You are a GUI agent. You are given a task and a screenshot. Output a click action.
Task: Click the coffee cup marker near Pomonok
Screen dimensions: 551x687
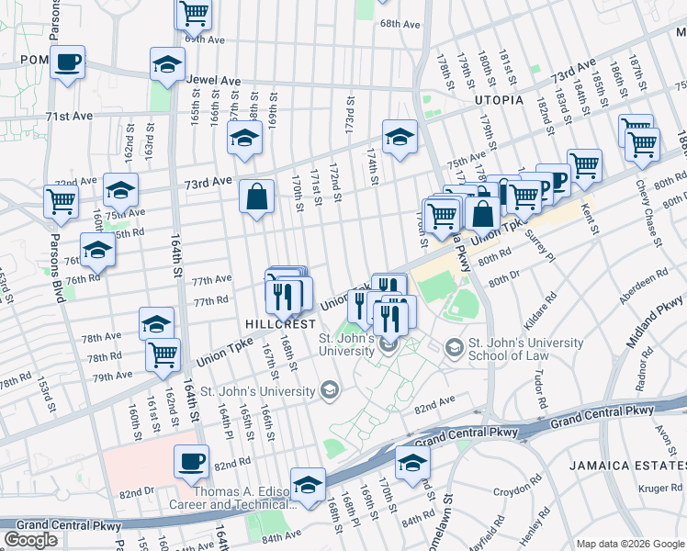click(67, 62)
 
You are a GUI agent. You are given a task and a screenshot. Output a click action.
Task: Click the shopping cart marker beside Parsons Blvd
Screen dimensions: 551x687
click(61, 200)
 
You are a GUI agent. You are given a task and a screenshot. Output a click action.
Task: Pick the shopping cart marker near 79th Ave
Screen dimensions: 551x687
click(163, 354)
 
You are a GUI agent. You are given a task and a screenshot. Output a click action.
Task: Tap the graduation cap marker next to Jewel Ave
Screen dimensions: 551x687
click(166, 64)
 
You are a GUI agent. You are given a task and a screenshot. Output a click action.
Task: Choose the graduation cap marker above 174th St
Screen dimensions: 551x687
click(400, 138)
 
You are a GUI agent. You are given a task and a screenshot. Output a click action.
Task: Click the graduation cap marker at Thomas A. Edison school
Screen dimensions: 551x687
click(308, 484)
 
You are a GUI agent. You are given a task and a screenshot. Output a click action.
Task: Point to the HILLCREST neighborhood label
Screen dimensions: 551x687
click(281, 324)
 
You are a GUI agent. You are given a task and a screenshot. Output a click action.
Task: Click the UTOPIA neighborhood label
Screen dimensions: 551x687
click(499, 99)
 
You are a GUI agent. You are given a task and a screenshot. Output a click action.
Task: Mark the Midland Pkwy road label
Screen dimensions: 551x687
click(659, 309)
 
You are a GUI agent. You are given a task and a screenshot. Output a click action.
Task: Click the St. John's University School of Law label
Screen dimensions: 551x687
click(525, 350)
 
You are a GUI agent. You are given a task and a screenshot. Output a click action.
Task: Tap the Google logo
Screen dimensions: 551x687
click(30, 540)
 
